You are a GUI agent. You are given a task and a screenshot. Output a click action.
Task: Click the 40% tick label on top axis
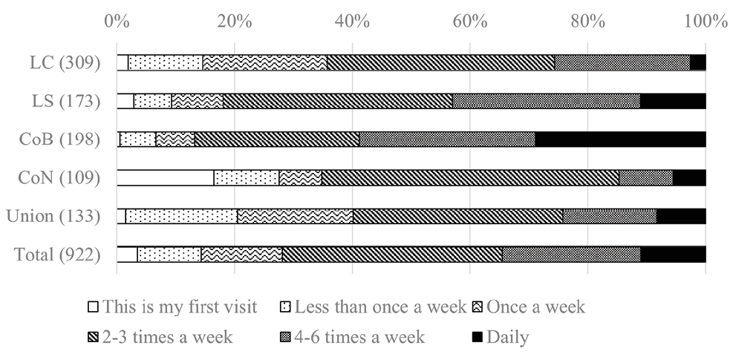click(x=352, y=21)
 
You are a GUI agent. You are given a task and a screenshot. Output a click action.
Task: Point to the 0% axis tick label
click(x=117, y=21)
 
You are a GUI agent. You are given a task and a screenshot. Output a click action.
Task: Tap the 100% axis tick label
click(x=705, y=21)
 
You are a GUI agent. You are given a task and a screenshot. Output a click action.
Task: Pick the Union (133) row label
click(x=53, y=216)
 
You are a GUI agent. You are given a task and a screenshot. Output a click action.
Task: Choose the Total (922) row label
click(x=57, y=255)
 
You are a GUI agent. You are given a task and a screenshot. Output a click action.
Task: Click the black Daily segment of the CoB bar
click(x=620, y=139)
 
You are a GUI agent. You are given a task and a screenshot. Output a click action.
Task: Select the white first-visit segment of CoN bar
click(x=165, y=177)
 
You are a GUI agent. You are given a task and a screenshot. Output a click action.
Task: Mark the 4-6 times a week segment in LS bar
click(x=546, y=101)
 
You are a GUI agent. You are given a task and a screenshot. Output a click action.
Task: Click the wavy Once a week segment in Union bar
click(x=295, y=216)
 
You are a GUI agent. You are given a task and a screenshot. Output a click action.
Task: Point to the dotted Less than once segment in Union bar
click(x=181, y=216)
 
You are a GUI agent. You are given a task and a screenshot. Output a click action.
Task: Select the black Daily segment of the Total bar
click(x=673, y=255)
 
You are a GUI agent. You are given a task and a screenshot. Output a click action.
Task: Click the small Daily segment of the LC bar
click(x=697, y=62)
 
